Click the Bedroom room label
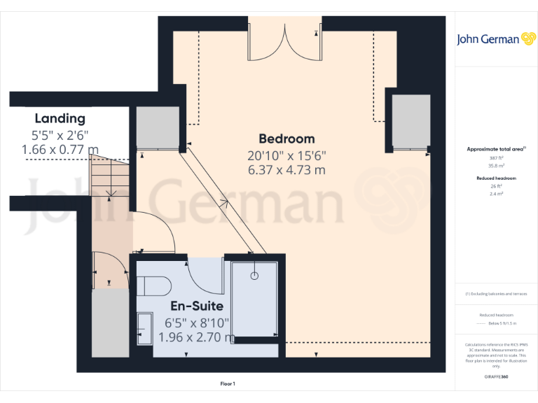(x=287, y=139)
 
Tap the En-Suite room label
(x=197, y=306)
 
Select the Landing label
(x=60, y=118)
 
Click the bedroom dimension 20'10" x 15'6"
(x=287, y=155)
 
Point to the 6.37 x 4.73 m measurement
(x=287, y=169)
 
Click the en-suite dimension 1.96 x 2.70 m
(x=197, y=337)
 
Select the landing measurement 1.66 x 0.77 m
(x=60, y=149)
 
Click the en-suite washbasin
(x=145, y=328)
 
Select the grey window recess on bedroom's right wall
(x=411, y=122)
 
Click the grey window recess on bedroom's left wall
(x=156, y=128)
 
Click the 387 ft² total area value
(x=496, y=159)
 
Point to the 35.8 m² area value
(x=496, y=166)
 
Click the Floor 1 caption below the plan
(x=228, y=383)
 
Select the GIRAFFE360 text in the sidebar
(x=496, y=377)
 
